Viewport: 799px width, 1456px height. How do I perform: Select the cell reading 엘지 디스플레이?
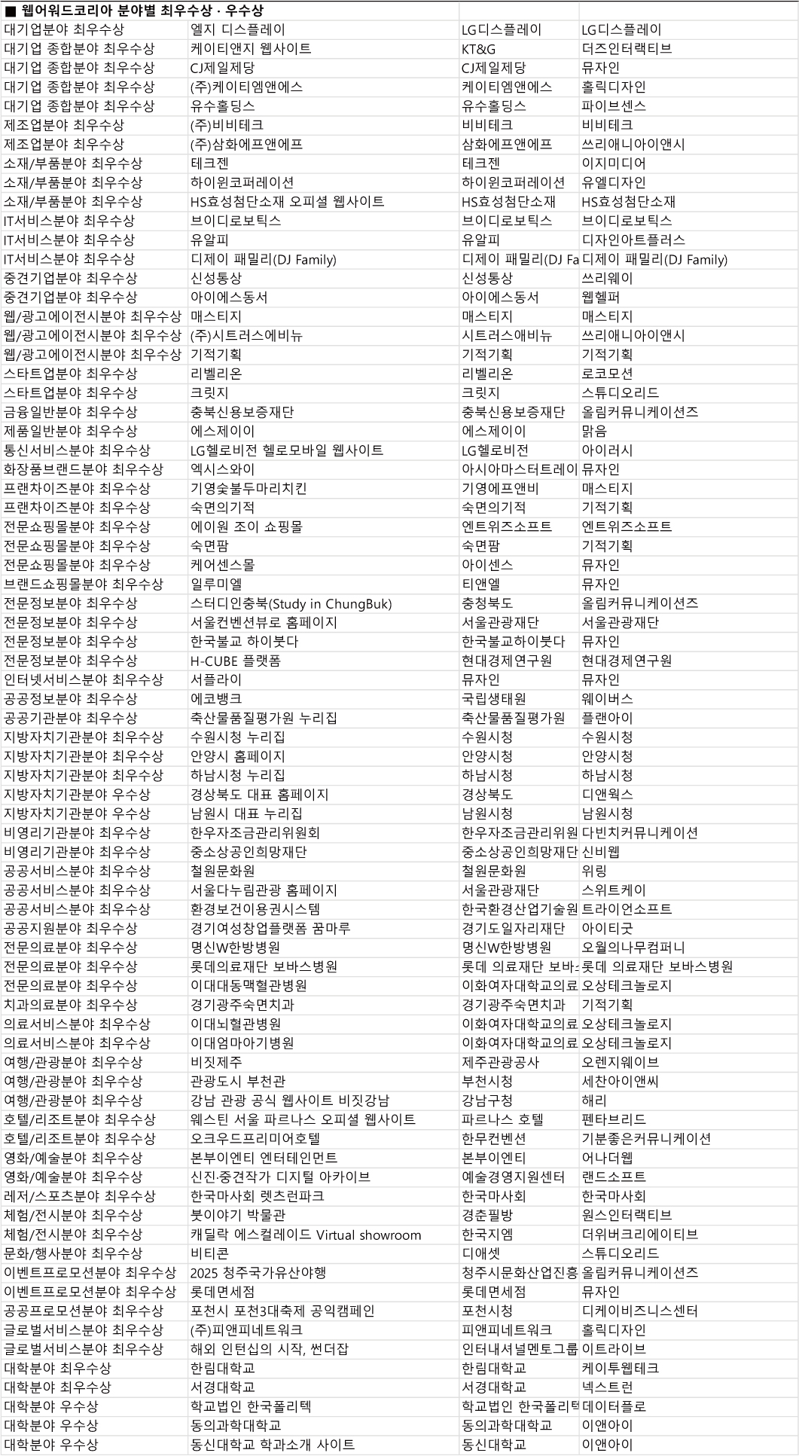[x=238, y=30]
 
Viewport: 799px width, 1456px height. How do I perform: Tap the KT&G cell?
[x=479, y=49]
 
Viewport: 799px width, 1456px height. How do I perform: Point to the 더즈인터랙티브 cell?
[x=627, y=49]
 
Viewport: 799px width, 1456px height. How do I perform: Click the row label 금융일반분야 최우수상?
[x=71, y=412]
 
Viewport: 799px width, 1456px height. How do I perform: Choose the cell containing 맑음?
[x=594, y=432]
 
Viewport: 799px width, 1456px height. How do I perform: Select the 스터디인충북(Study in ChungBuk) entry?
[x=291, y=603]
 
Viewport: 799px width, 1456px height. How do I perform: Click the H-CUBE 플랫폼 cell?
[x=236, y=661]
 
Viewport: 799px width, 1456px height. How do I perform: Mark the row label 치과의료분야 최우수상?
[x=71, y=1005]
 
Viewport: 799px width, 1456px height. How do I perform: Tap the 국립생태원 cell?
[x=494, y=699]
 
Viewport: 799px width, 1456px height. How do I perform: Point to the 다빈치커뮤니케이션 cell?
[x=640, y=833]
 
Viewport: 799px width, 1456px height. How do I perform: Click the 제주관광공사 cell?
[x=500, y=1062]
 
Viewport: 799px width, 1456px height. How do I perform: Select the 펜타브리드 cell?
[x=614, y=1119]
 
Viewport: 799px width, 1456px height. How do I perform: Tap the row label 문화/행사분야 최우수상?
[x=73, y=1253]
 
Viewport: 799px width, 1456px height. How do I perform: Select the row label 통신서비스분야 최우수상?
[x=77, y=450]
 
